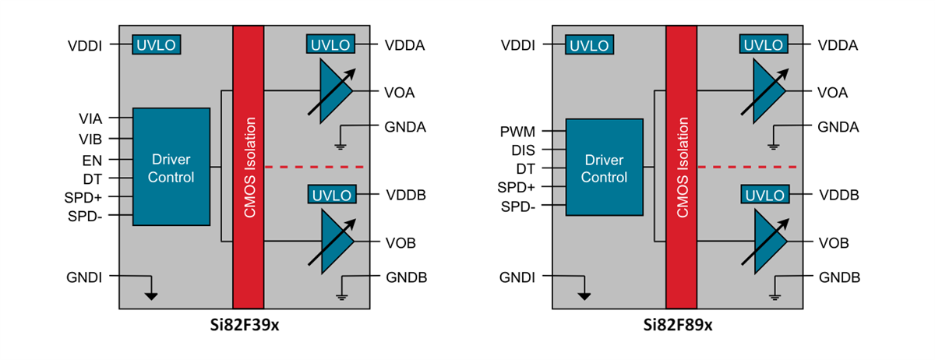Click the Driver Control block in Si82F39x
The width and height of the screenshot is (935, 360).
coord(171,167)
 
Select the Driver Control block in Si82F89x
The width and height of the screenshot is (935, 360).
coord(605,167)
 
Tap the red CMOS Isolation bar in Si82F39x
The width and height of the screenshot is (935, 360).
coord(249,167)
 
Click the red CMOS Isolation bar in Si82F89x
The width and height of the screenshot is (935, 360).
coord(682,167)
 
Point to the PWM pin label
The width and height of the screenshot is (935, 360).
coord(517,132)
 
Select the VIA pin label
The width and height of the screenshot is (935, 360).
coord(90,118)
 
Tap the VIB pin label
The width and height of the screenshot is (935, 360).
coord(90,139)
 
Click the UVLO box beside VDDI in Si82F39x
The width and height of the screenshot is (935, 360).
coord(157,44)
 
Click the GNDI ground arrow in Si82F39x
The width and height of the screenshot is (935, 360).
coord(151,295)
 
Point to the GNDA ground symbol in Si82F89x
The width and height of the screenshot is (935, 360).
coord(773,145)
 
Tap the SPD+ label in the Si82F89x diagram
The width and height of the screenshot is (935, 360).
coord(517,188)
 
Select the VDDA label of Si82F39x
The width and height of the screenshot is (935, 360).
coord(404,45)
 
